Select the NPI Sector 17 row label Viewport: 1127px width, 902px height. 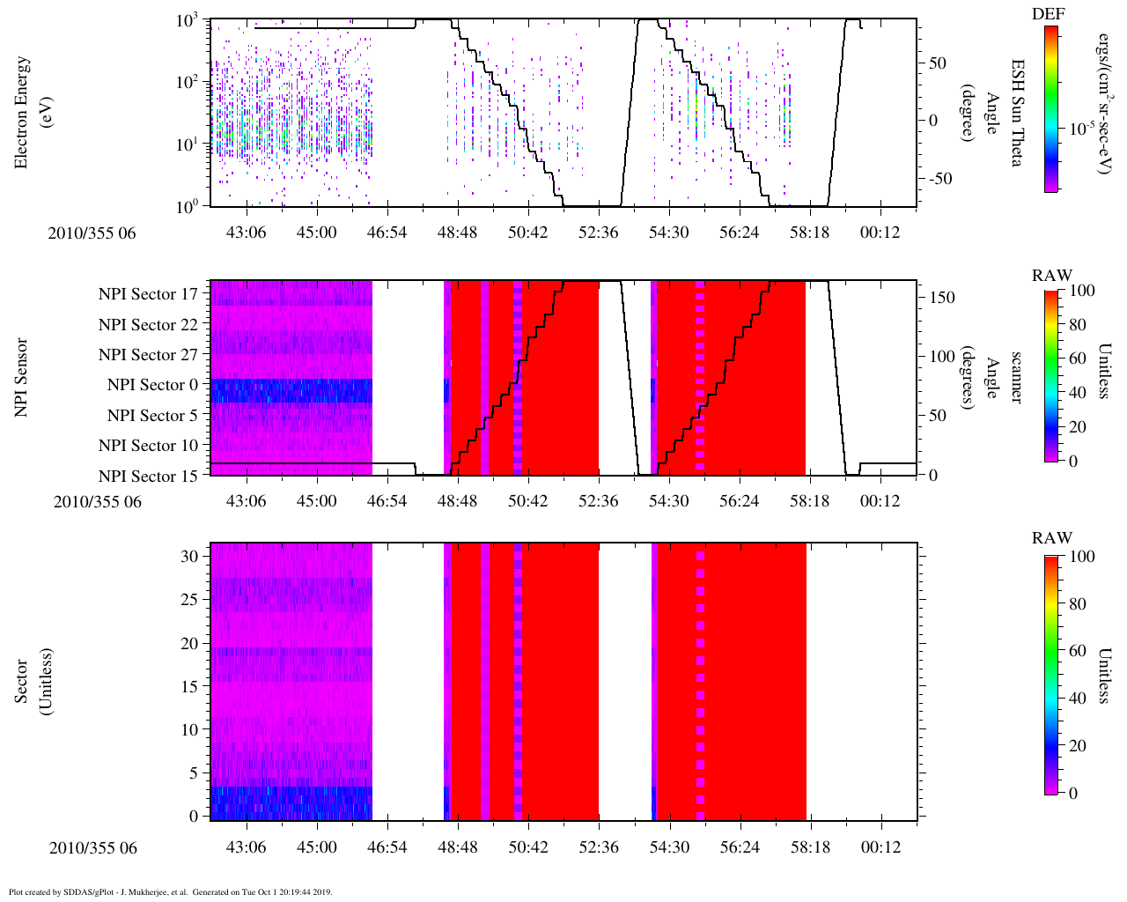tap(148, 294)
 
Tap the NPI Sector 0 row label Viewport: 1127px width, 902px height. tap(152, 385)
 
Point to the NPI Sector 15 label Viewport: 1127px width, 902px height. tap(148, 477)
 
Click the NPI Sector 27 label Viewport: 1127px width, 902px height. tap(148, 355)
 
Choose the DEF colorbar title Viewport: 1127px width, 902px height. tap(1048, 14)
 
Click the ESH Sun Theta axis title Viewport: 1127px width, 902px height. tap(1017, 113)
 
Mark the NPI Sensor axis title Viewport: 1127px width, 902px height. tap(22, 378)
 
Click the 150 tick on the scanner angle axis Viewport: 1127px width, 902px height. tap(943, 298)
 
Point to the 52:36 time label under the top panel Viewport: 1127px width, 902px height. tap(598, 233)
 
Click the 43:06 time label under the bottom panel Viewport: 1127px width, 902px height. tap(247, 847)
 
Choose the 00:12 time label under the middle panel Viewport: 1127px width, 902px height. tap(880, 501)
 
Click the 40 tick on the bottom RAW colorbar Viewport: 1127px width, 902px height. tap(1081, 698)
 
